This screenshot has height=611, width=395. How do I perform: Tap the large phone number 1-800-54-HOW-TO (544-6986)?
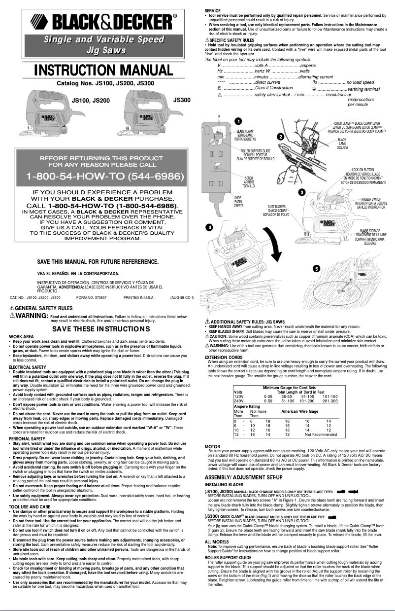(x=105, y=176)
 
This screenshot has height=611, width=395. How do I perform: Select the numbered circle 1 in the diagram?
(x=237, y=121)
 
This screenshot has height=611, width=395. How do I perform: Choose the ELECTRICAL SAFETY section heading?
(x=26, y=367)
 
